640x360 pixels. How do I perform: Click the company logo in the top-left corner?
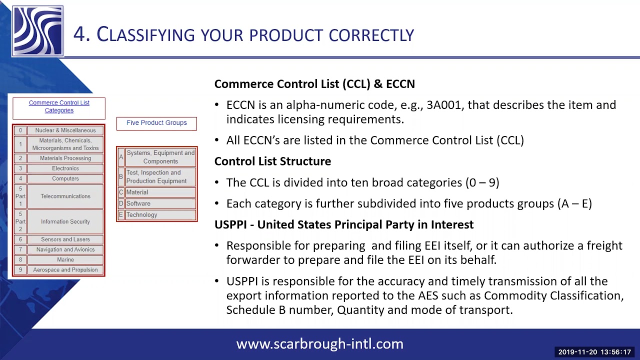tap(38, 31)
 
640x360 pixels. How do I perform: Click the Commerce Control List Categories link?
tap(59, 106)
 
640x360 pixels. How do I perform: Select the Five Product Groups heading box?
tap(156, 123)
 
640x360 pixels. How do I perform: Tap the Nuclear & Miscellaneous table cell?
tap(65, 130)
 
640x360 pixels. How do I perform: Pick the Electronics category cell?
tap(65, 168)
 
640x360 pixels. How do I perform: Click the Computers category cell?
tap(65, 178)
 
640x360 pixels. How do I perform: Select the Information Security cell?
tap(65, 221)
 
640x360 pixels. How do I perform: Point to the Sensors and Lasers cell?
tap(65, 239)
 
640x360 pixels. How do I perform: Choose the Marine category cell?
tap(65, 259)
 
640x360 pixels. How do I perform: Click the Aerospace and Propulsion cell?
tap(65, 270)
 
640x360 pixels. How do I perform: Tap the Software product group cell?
tap(160, 203)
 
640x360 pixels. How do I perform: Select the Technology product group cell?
tap(160, 215)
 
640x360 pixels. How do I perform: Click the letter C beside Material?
tap(120, 192)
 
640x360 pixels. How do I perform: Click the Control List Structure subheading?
tap(272, 161)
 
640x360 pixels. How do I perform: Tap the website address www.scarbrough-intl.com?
tap(319, 344)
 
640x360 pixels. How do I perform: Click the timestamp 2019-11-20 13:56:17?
tap(594, 352)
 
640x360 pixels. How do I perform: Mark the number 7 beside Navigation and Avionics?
tap(20, 249)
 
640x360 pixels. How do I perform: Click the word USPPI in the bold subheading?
tap(230, 225)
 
